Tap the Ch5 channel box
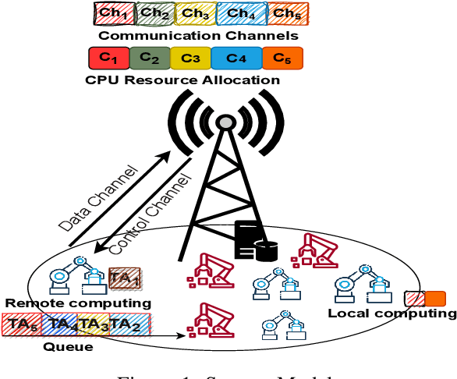pos(287,13)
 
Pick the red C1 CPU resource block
pos(111,58)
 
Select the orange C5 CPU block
pos(282,58)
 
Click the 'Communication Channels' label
pos(198,35)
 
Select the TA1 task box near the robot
pos(124,278)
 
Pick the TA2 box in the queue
pos(125,324)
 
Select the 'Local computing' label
pos(391,313)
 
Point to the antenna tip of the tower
pos(225,122)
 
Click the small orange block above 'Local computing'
pos(434,298)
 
